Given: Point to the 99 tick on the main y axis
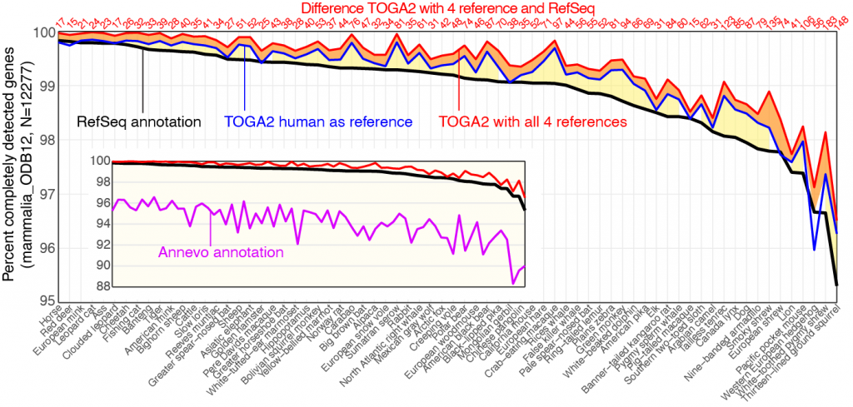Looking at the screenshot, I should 41,86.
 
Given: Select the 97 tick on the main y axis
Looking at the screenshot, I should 41,194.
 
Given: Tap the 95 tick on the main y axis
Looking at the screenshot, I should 41,301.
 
